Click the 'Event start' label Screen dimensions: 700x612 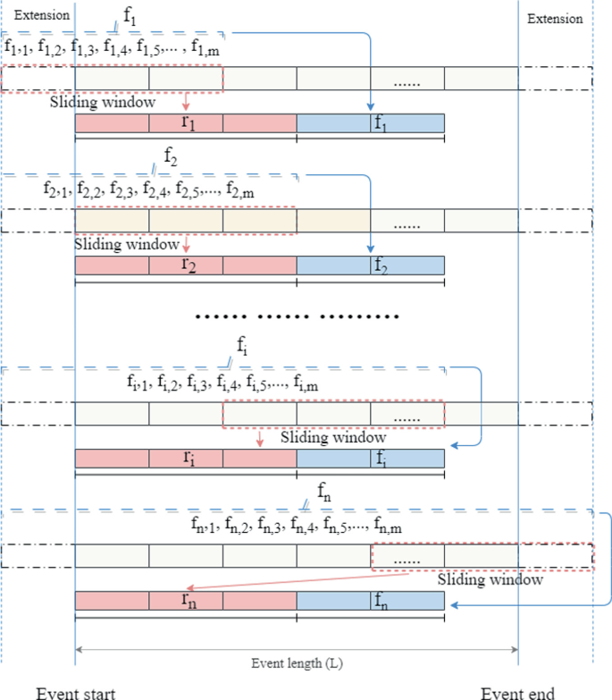76,692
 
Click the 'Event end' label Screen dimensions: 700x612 517,692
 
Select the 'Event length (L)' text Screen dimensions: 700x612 297,664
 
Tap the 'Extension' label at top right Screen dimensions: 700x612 555,18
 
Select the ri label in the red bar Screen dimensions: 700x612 188,456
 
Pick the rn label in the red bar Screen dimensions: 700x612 188,600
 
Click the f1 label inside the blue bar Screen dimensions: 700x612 380,122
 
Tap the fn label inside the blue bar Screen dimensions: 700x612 380,600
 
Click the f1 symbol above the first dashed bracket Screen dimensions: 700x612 131,15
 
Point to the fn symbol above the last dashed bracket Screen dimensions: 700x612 324,491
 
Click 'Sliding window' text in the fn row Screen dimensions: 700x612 490,579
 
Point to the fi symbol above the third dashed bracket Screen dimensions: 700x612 242,344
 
